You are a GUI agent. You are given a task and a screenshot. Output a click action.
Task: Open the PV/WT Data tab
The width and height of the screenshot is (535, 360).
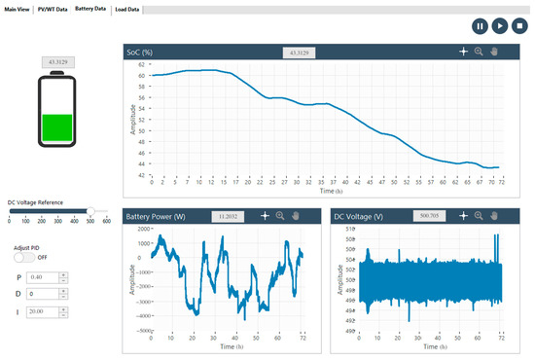[x=53, y=9]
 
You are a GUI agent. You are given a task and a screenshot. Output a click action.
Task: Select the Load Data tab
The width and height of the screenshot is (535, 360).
[x=126, y=9]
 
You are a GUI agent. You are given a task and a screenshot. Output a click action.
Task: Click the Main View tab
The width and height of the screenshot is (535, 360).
[x=18, y=9]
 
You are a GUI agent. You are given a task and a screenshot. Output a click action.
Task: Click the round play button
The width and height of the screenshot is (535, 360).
[x=499, y=27]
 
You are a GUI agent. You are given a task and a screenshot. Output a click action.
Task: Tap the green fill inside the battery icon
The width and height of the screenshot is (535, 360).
[x=57, y=126]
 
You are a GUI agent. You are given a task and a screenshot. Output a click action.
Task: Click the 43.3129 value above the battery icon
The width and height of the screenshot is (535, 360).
[x=57, y=62]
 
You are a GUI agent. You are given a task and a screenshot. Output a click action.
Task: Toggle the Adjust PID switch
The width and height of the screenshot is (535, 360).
[x=30, y=259]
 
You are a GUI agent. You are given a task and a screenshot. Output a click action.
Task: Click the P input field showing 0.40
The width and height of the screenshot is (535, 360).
[x=43, y=276]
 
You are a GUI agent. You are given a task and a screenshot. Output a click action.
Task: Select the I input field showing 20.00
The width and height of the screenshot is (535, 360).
[x=43, y=311]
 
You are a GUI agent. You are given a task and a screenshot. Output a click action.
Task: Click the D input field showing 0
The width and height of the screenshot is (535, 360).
[x=43, y=294]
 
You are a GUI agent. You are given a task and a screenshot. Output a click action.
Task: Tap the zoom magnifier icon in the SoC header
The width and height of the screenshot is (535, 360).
[x=479, y=52]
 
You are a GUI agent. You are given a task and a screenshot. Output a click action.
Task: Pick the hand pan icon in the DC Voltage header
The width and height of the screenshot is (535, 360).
[x=494, y=216]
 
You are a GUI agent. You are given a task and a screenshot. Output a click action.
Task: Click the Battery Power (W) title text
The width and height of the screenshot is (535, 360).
[x=161, y=216]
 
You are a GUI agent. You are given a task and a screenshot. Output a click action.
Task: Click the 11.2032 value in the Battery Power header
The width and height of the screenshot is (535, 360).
[x=226, y=216]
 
